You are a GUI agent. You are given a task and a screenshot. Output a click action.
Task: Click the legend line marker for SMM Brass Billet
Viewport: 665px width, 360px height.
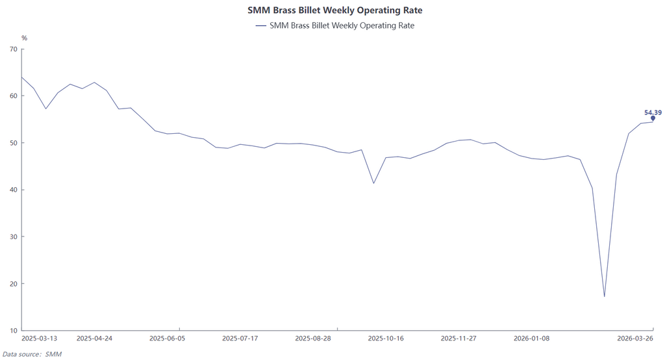(261, 26)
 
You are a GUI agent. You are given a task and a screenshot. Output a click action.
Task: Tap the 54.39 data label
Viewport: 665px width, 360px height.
(653, 112)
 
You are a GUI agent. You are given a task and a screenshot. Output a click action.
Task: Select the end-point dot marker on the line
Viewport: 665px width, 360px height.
(653, 118)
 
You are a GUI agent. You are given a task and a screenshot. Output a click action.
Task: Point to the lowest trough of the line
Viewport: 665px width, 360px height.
(605, 296)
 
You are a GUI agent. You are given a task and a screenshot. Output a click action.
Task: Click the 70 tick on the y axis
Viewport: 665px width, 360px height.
(13, 49)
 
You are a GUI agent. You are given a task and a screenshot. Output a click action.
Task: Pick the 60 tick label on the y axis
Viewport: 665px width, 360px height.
(13, 96)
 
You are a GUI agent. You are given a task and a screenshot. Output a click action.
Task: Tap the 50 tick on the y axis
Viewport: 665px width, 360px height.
(13, 143)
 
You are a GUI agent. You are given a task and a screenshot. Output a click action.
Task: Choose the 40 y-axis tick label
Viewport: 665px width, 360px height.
(13, 190)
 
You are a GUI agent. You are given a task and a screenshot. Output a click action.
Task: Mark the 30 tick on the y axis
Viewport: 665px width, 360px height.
(13, 237)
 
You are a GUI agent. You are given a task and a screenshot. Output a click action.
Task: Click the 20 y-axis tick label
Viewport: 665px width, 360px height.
(13, 284)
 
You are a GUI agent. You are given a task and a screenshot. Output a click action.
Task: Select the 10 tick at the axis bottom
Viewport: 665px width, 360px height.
(13, 331)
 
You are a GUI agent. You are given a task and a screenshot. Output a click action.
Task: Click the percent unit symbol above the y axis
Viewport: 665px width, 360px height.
(24, 38)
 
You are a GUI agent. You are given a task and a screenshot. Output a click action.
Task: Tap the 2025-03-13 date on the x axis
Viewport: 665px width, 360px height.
(40, 339)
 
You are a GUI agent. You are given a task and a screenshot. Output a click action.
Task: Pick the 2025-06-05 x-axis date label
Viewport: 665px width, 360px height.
(167, 339)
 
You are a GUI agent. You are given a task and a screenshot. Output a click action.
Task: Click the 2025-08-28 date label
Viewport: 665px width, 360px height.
(313, 339)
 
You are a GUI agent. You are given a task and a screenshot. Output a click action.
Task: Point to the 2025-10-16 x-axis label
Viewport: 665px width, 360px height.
(386, 339)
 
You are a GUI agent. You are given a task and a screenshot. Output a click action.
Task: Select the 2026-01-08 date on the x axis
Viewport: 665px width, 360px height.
(531, 339)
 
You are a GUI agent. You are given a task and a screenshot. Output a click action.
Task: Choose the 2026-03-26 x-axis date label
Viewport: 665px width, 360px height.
(635, 339)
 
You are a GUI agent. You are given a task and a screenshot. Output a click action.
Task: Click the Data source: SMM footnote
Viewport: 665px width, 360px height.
(32, 354)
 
